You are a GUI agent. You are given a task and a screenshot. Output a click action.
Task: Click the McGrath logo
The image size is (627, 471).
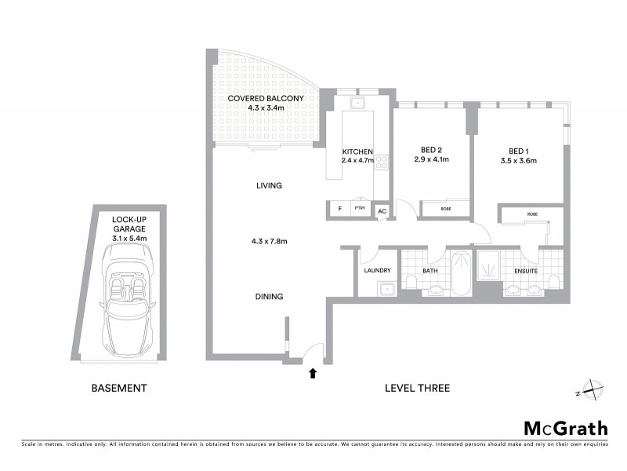565,428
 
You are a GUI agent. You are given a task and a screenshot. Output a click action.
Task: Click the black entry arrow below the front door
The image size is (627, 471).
313,373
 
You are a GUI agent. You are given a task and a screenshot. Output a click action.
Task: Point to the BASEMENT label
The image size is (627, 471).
119,388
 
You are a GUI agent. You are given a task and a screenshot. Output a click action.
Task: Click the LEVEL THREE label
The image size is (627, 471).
417,388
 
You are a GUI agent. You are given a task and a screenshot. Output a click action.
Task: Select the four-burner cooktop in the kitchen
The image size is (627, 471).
382,162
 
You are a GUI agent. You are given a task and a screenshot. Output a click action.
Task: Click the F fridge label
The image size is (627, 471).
339,210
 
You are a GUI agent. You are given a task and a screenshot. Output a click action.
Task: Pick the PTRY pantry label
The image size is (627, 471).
360,210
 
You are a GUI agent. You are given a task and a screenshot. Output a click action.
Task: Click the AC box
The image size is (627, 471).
382,211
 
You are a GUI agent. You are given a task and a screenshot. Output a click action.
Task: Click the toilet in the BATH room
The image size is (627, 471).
411,282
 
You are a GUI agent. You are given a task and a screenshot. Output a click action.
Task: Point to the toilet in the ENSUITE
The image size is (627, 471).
553,282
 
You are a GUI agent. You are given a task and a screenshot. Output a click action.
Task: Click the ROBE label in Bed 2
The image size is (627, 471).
445,210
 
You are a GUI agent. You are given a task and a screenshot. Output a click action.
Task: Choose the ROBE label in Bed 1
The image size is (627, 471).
532,214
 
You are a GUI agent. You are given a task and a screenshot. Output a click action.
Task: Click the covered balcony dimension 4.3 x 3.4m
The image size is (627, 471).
266,108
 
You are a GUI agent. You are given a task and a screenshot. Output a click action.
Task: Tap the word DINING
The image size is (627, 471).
268,297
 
